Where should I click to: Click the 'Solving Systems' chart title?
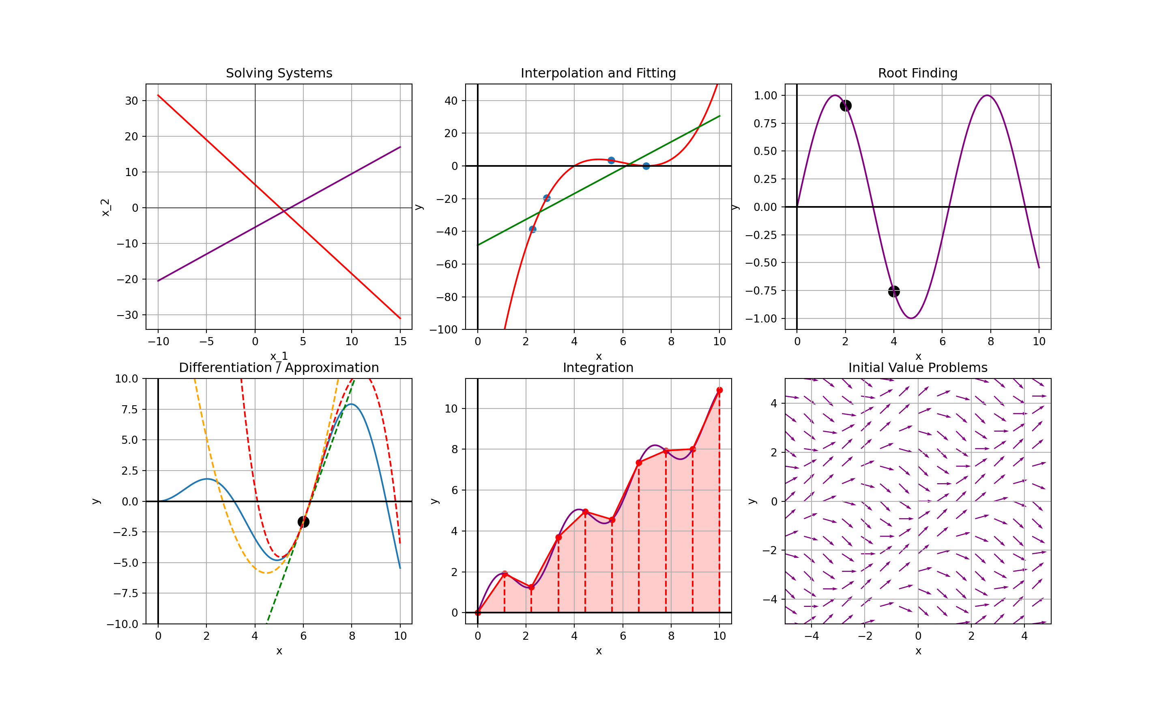click(x=279, y=73)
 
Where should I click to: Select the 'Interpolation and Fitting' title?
click(x=598, y=73)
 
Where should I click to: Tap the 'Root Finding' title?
click(x=918, y=73)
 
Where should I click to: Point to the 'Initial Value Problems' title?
click(x=918, y=368)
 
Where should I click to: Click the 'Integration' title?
click(x=598, y=368)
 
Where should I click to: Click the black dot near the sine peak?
click(x=846, y=105)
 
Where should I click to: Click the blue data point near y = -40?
click(x=532, y=230)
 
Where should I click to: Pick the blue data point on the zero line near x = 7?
click(x=646, y=166)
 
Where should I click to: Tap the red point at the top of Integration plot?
click(x=719, y=390)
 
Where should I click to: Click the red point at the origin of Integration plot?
click(x=478, y=613)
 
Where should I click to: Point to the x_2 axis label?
click(x=106, y=207)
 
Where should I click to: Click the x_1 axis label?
click(x=279, y=356)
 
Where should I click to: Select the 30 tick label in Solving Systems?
click(x=132, y=101)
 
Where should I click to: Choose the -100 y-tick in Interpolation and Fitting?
click(x=443, y=330)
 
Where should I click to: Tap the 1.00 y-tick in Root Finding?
click(x=765, y=95)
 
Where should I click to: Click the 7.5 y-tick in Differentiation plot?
click(x=129, y=409)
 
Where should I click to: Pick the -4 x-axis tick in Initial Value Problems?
click(x=812, y=636)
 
